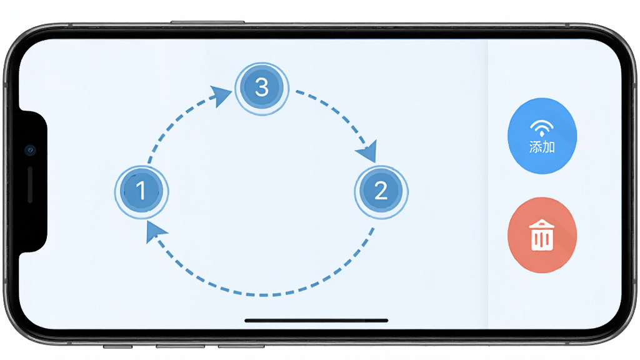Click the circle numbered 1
click(141, 191)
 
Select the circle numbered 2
click(381, 192)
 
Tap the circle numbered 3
click(262, 89)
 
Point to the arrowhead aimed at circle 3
click(221, 96)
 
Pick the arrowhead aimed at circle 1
click(155, 232)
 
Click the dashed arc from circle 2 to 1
click(264, 294)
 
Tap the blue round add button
click(542, 136)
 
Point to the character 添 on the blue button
click(536, 146)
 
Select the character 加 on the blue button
click(549, 146)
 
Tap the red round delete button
click(542, 235)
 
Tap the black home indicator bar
click(316, 321)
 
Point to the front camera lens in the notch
click(30, 150)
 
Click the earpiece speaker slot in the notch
click(30, 184)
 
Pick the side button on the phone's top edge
click(207, 22)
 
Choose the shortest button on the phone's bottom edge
click(117, 346)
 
